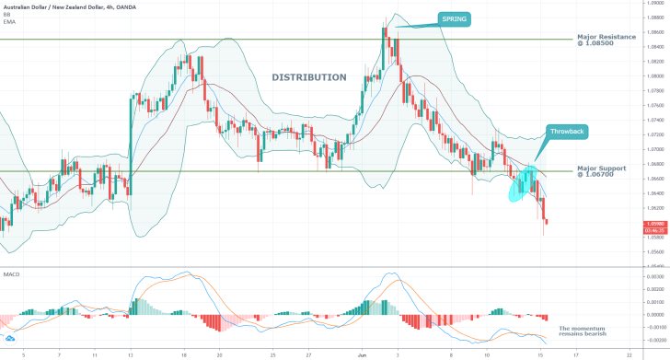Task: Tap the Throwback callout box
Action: click(565, 131)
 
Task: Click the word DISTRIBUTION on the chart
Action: click(309, 77)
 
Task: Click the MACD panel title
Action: click(11, 274)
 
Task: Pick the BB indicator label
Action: click(8, 15)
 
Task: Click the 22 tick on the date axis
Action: click(630, 353)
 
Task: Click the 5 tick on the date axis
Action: click(23, 353)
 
